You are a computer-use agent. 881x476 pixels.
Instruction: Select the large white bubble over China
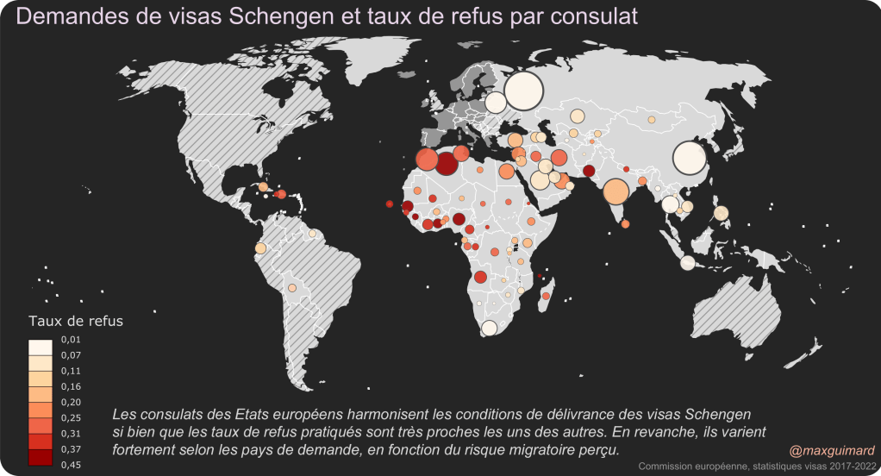pyautogui.click(x=690, y=158)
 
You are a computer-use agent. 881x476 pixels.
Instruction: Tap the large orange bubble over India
pyautogui.click(x=615, y=191)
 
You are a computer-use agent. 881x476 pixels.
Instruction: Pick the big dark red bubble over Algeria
pyautogui.click(x=446, y=162)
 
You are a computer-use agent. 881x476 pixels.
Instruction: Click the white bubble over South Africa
pyautogui.click(x=489, y=328)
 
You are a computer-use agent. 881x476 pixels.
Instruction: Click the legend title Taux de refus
pyautogui.click(x=76, y=321)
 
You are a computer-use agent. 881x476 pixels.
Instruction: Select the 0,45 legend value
pyautogui.click(x=70, y=466)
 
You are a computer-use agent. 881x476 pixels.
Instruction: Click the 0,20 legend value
pyautogui.click(x=70, y=403)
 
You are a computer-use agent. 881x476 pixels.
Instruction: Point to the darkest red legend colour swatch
pyautogui.click(x=41, y=457)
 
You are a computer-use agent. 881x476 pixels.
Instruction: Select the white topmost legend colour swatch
pyautogui.click(x=41, y=348)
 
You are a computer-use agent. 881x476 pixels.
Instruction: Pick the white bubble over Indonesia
pyautogui.click(x=688, y=263)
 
